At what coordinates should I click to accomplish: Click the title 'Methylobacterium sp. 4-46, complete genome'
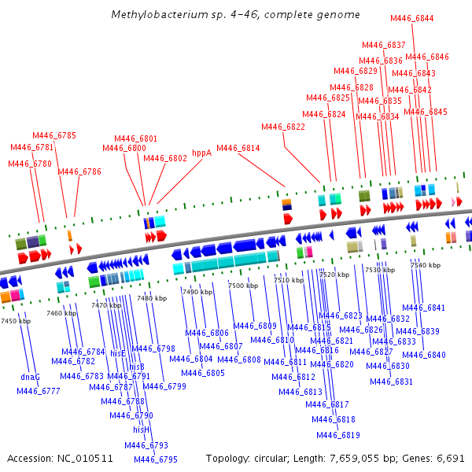coord(235,15)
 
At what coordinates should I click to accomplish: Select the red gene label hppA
coord(202,153)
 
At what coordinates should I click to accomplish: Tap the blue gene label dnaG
coord(31,377)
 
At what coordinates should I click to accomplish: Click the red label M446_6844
coord(411,18)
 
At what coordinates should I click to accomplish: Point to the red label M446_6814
coord(238,148)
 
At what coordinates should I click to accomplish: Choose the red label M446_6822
coord(283,127)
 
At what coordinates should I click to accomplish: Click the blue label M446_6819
coord(338,435)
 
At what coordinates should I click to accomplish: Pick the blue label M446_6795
coord(156,459)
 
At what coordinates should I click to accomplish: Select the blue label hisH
coord(142,430)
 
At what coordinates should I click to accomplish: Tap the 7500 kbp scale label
coord(242,286)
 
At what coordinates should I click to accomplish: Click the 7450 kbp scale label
coord(16,321)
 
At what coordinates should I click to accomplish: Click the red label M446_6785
coord(54,135)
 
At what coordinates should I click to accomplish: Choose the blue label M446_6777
coord(39,391)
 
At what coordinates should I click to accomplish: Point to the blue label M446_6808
coord(239,360)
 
